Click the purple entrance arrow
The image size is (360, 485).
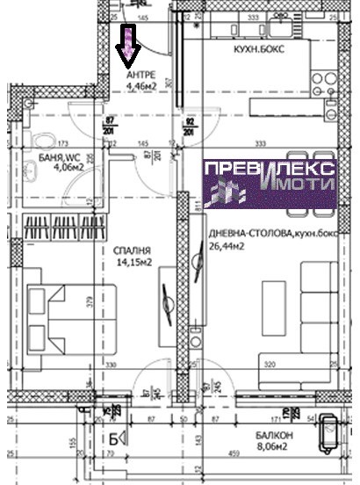click(x=128, y=47)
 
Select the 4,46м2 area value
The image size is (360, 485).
click(x=141, y=87)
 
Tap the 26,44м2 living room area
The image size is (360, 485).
click(x=229, y=245)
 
